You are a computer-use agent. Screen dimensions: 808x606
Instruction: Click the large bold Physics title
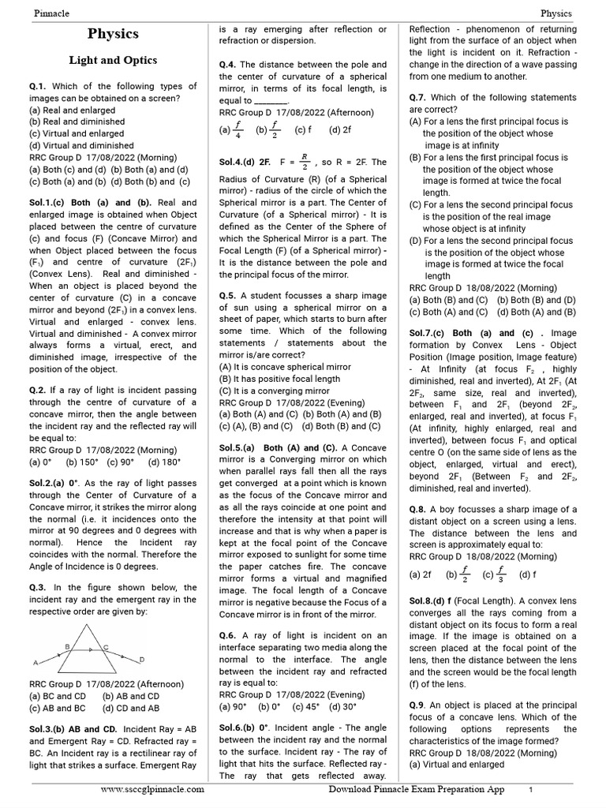[113, 34]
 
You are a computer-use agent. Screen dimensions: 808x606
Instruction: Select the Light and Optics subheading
[113, 60]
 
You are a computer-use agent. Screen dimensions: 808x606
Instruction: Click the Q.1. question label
[39, 86]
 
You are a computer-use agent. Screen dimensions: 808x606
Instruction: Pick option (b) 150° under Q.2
[84, 463]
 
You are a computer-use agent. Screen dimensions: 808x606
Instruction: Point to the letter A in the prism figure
[36, 662]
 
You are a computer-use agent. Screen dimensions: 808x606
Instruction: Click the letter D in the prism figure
[141, 658]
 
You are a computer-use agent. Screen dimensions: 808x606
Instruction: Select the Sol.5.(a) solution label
[240, 447]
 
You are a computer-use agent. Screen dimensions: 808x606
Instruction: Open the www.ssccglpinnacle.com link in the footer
[153, 789]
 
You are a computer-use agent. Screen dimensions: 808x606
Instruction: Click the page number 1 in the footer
[531, 789]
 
